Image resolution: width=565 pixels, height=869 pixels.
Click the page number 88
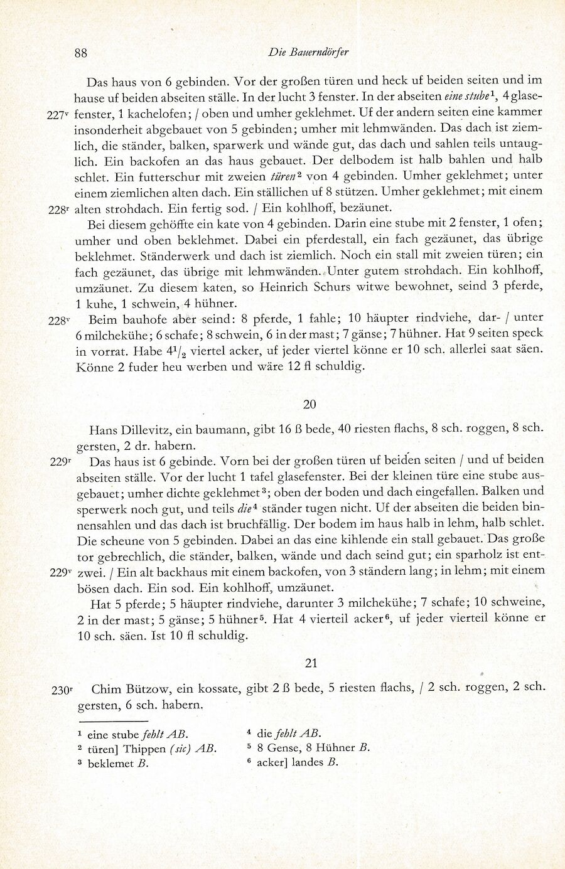[80, 53]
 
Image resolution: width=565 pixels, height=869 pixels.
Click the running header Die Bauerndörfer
[308, 53]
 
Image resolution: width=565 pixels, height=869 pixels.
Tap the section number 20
[309, 405]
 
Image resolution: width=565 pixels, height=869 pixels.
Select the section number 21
[311, 663]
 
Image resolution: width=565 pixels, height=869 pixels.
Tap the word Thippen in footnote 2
[145, 749]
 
